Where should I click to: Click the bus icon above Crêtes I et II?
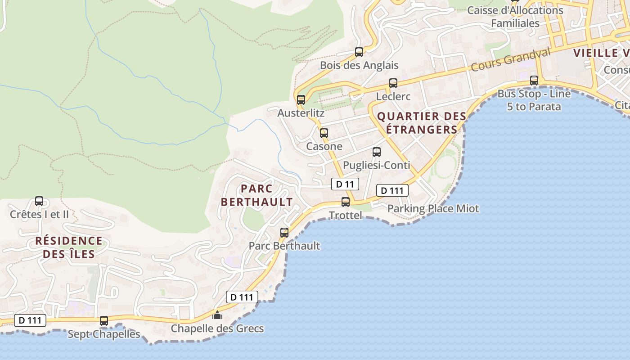[x=39, y=201]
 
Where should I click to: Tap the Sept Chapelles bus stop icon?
[x=104, y=321]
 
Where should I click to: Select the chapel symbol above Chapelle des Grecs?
[x=217, y=315]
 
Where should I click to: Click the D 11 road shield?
[x=345, y=184]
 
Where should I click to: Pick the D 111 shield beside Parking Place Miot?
[x=392, y=190]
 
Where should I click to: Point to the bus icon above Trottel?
[x=346, y=202]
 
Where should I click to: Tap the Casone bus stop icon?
[x=324, y=133]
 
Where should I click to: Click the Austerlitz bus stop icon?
[x=301, y=100]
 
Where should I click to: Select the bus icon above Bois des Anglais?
[x=359, y=52]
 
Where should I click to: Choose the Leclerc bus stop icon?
[x=393, y=83]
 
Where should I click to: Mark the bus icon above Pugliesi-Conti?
[x=377, y=152]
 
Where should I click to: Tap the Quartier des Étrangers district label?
[x=422, y=123]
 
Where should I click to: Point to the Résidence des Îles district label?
[x=69, y=247]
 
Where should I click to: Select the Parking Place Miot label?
[x=433, y=209]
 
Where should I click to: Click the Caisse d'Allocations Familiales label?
[x=515, y=17]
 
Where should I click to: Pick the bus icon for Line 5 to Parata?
[x=534, y=81]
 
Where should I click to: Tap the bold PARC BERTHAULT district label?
[x=257, y=195]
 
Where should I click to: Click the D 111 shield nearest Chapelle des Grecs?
[x=242, y=297]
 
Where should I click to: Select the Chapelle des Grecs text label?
[x=217, y=329]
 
